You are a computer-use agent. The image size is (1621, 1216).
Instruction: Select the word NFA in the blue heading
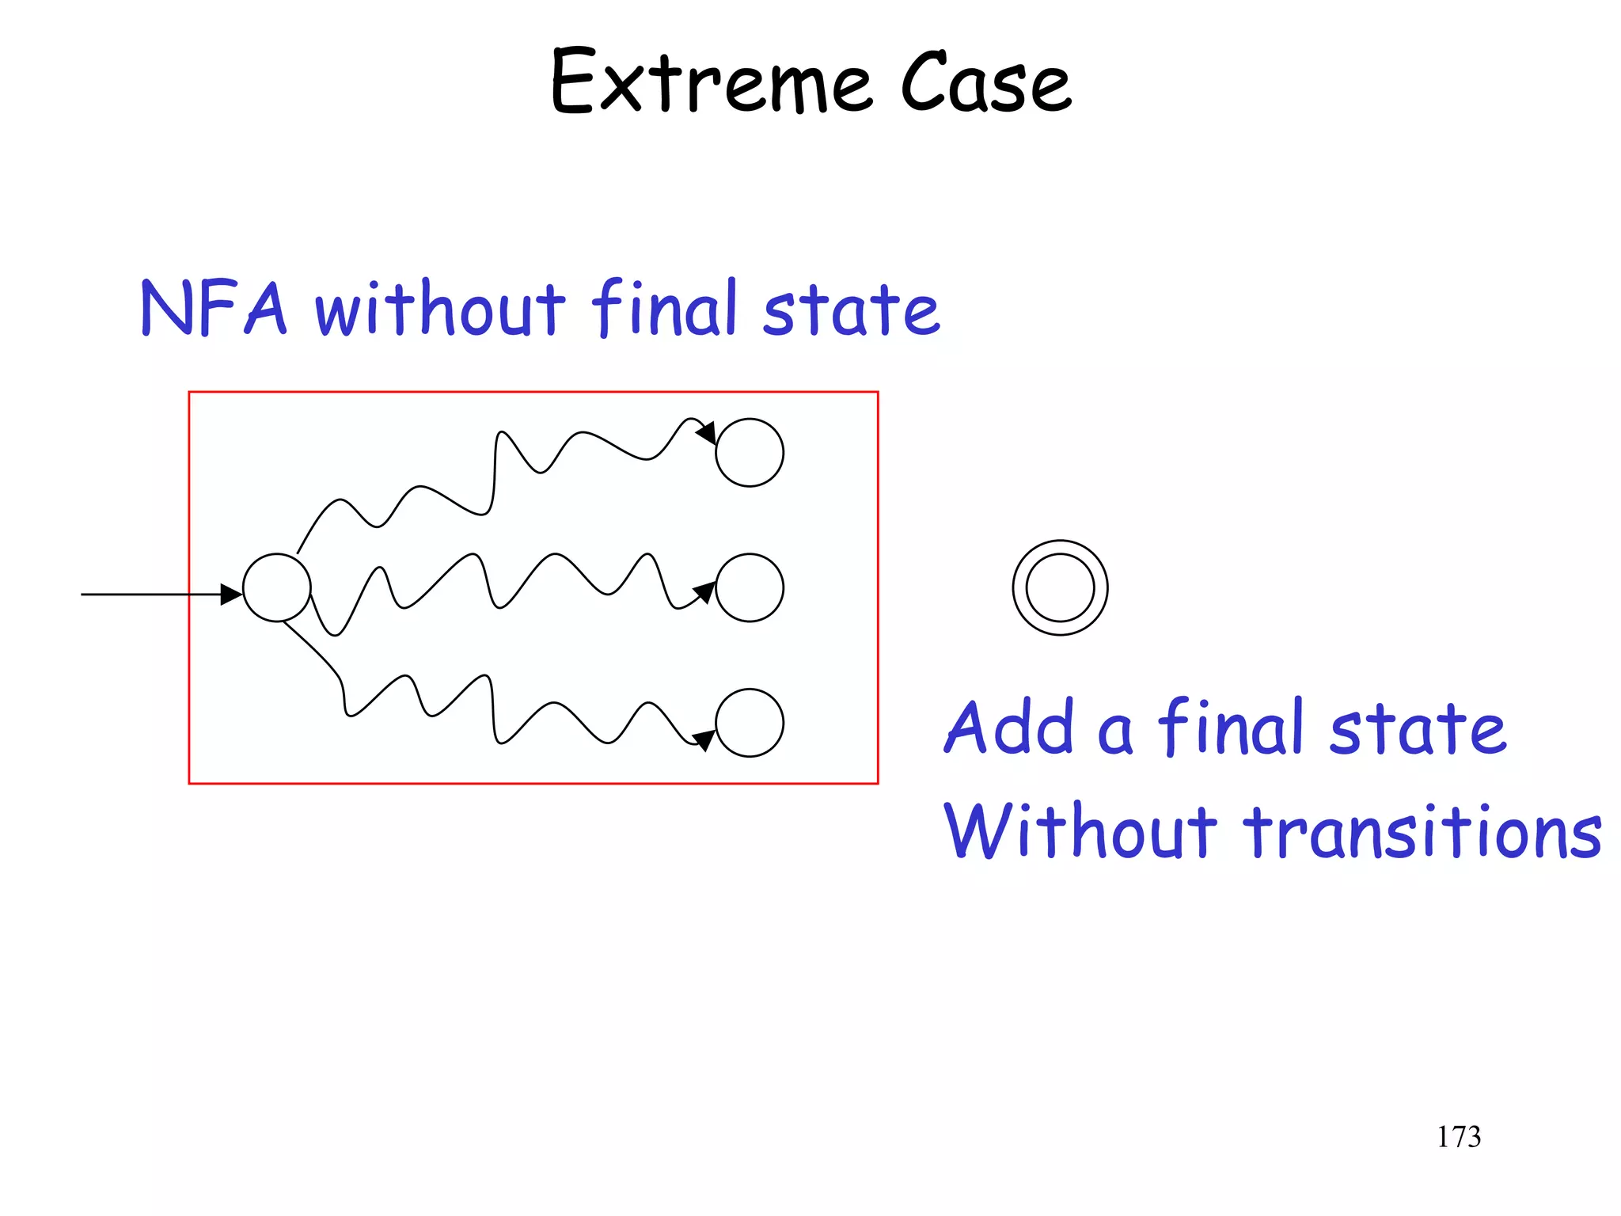point(212,309)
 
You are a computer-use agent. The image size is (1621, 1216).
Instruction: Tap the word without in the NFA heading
point(440,309)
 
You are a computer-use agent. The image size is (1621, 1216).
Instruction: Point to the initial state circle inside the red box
point(276,587)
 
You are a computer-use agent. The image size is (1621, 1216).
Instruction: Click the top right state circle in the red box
point(749,452)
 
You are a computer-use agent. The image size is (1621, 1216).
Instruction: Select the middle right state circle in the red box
point(749,587)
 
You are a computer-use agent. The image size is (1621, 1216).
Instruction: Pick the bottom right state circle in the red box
point(749,722)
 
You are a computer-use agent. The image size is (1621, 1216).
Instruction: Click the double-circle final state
point(1060,587)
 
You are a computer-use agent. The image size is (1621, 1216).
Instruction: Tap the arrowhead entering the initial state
point(231,594)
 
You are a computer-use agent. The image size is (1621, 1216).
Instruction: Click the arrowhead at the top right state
point(707,433)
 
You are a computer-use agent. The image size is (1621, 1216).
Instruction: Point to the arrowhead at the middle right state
point(704,592)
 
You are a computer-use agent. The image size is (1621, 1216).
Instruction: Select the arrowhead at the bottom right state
point(704,739)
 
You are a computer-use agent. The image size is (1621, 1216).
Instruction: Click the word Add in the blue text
point(1010,728)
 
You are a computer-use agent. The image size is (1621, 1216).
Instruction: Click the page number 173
point(1458,1137)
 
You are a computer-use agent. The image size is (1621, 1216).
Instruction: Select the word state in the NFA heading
point(851,309)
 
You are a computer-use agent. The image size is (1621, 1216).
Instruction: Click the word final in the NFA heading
point(665,309)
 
